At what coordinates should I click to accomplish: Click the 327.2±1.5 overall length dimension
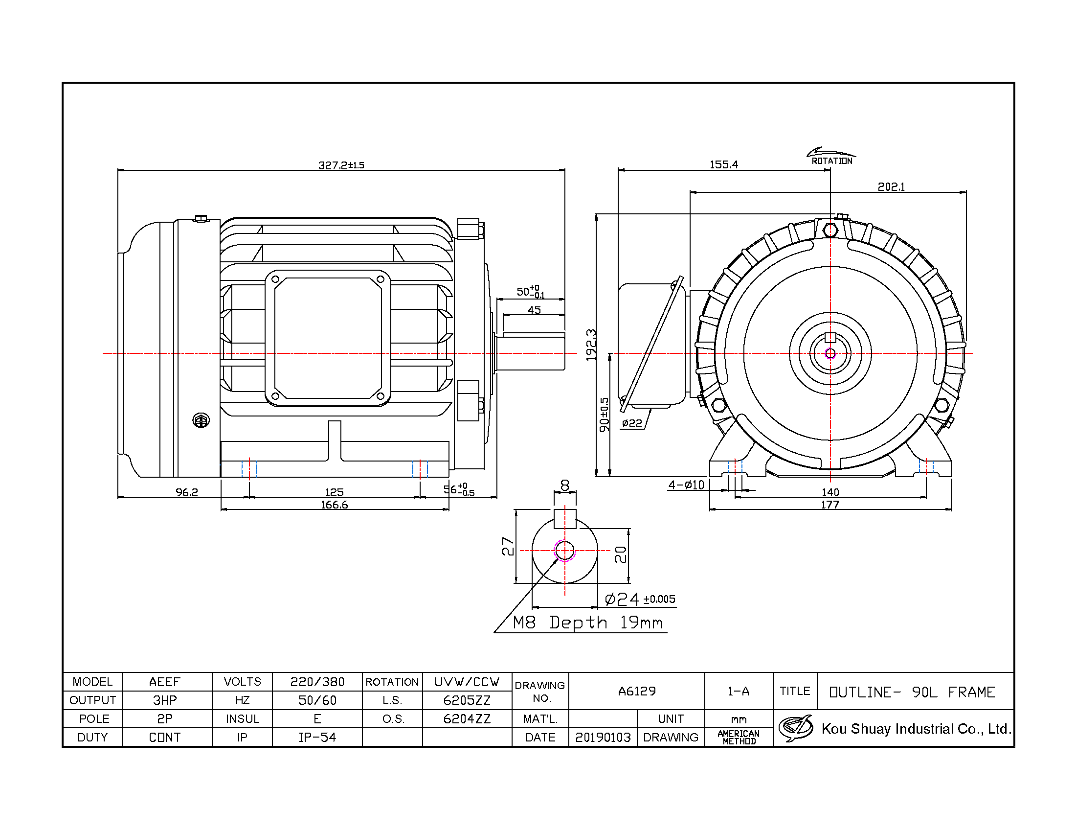pos(341,164)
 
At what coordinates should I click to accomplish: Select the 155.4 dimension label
pos(724,164)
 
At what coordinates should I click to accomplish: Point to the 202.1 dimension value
pos(891,187)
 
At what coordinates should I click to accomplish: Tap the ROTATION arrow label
pos(831,161)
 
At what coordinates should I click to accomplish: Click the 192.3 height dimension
pos(591,345)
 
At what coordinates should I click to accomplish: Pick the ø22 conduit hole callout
pos(632,423)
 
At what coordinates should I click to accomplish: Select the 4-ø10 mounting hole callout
pos(686,485)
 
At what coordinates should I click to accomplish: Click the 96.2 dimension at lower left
pos(187,492)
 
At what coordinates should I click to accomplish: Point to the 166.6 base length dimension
pos(334,505)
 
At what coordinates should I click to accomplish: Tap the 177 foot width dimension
pos(830,505)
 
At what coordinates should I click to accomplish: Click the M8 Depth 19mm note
pos(588,623)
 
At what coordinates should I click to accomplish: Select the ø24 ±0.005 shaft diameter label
pos(640,599)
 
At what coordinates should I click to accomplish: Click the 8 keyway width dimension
pos(564,485)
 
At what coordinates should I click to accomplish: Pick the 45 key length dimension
pos(534,310)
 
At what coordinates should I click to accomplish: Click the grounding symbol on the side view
pos(201,420)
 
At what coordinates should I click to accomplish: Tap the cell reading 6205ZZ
pos(467,700)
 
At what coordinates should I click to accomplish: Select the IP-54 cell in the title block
pos(317,738)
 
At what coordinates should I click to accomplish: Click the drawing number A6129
pos(637,691)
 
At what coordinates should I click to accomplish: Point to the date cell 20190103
pos(603,738)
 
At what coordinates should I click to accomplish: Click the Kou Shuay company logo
pos(795,728)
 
